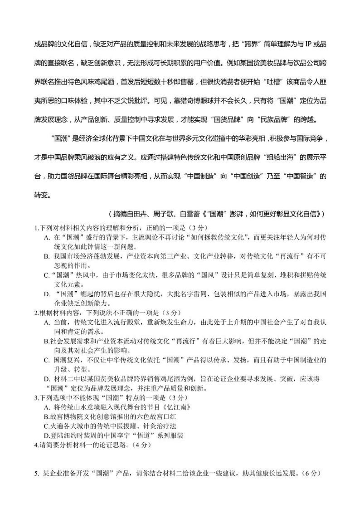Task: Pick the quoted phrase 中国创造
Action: [x=247, y=176]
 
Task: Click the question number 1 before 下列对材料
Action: [x=36, y=227]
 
